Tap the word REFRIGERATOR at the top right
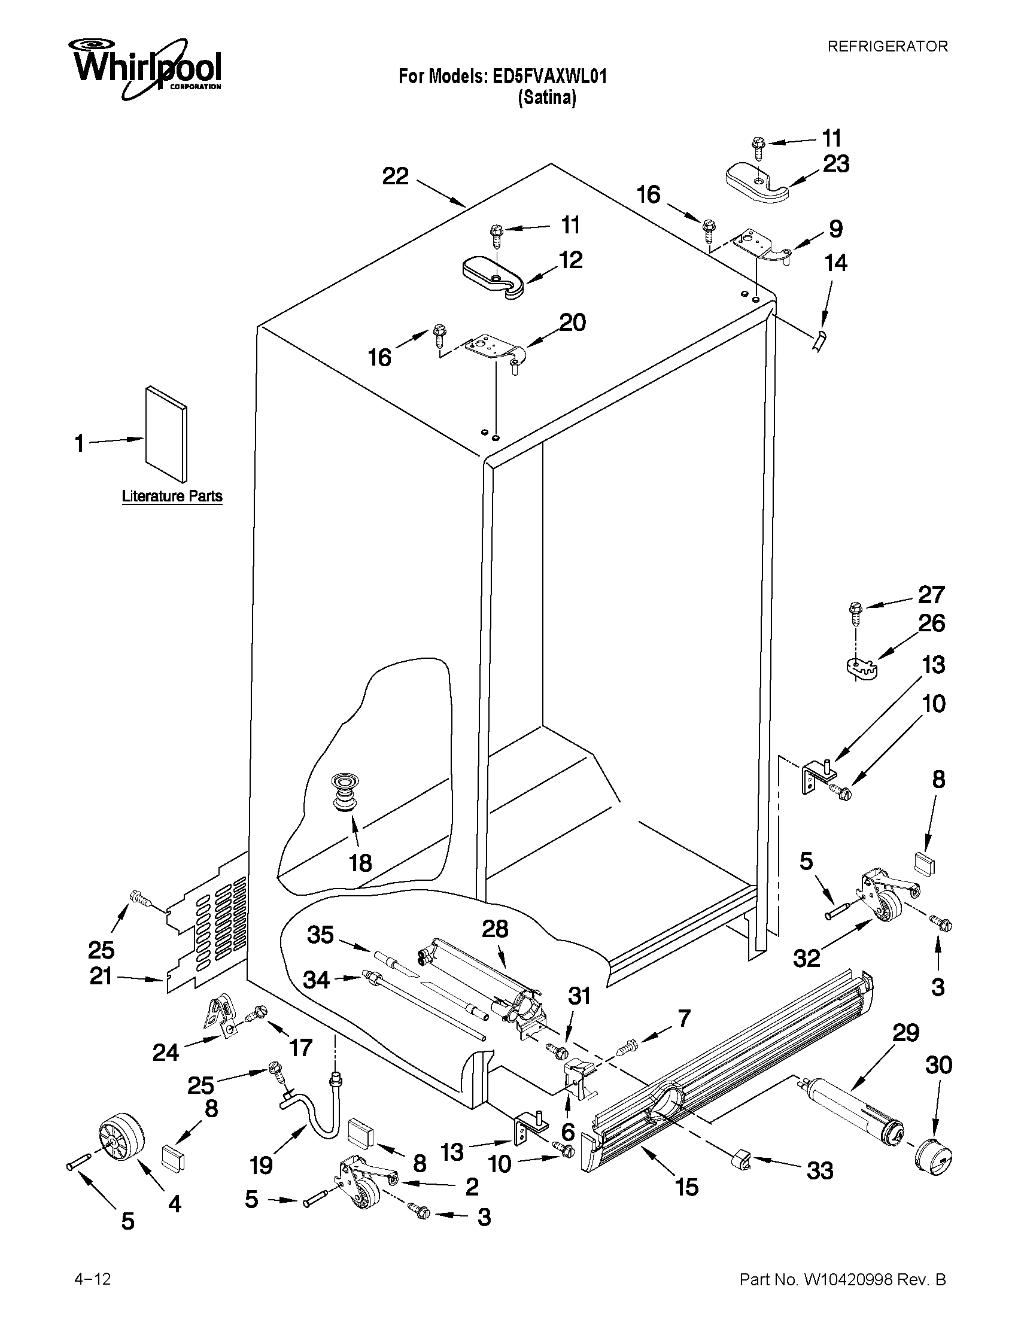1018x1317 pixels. (887, 47)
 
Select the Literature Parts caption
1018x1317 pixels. (172, 496)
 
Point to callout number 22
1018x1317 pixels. (396, 176)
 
